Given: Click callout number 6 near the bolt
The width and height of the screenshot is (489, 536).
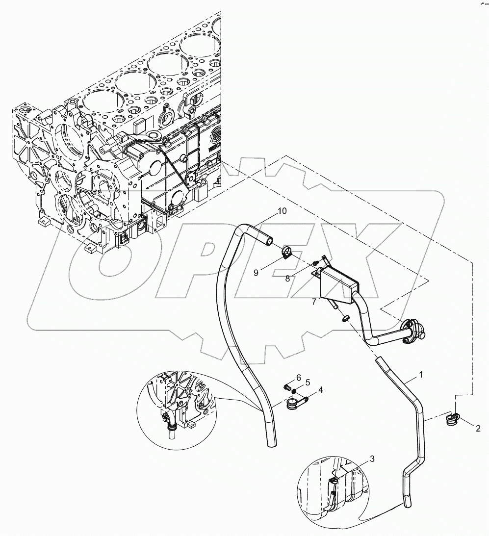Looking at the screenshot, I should point(298,377).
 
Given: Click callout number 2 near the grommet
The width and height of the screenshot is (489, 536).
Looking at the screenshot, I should point(476,428).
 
